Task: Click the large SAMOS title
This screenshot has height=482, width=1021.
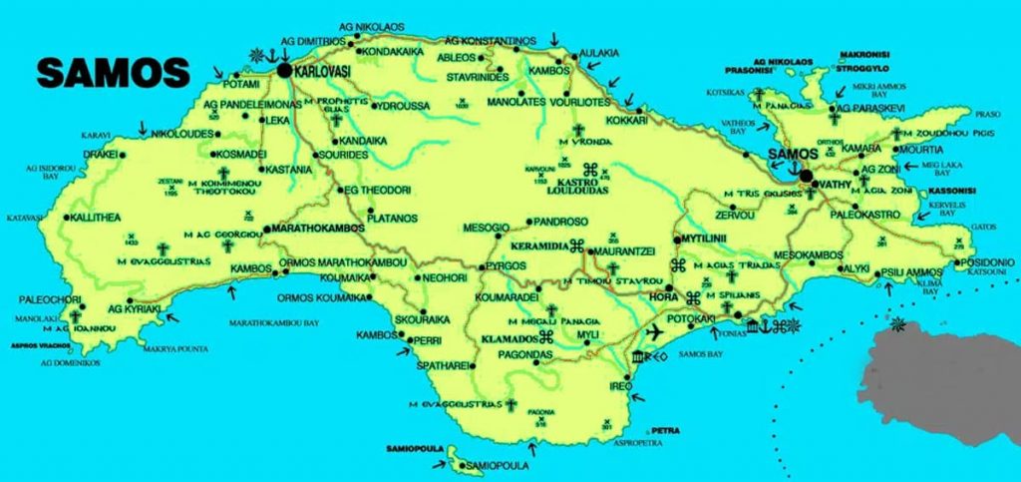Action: click(113, 73)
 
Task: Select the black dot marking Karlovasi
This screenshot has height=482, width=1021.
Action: click(285, 72)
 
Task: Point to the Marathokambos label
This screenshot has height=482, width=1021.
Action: click(310, 228)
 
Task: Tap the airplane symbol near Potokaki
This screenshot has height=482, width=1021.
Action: click(656, 332)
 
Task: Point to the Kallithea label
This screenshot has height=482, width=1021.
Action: click(94, 217)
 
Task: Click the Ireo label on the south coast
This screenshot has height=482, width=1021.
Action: click(621, 385)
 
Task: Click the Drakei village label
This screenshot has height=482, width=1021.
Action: click(100, 155)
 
